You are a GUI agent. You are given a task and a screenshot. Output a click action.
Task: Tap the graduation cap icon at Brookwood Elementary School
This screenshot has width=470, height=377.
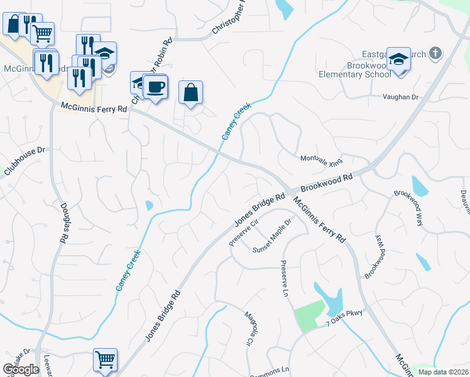coord(398,59)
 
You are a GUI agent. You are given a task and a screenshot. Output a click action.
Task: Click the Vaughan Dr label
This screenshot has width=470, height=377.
coord(401,97)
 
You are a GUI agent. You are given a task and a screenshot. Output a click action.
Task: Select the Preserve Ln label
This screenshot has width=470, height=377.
coord(284,280)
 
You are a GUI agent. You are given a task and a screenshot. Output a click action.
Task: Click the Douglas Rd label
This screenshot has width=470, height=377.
coord(63,223)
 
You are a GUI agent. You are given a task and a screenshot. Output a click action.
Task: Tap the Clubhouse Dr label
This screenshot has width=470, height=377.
coord(25,161)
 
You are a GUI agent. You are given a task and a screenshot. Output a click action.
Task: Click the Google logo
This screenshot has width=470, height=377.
coord(21,369)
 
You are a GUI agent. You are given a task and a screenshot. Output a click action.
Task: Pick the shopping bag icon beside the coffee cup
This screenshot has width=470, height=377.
coord(190,92)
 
